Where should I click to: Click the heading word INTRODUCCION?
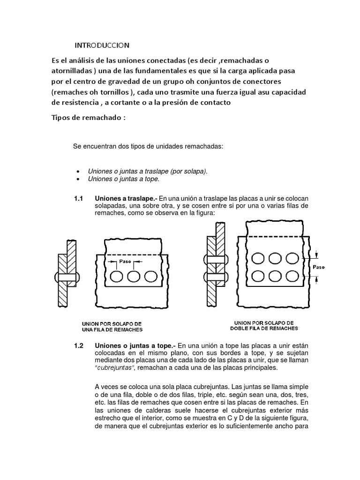(102, 45)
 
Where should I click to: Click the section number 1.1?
(78, 198)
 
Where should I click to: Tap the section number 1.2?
(78, 346)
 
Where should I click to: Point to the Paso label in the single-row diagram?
(125, 261)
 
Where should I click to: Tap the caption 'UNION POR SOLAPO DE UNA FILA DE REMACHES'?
(112, 327)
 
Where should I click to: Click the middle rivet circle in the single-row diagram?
(134, 277)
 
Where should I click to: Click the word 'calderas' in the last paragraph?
(157, 410)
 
